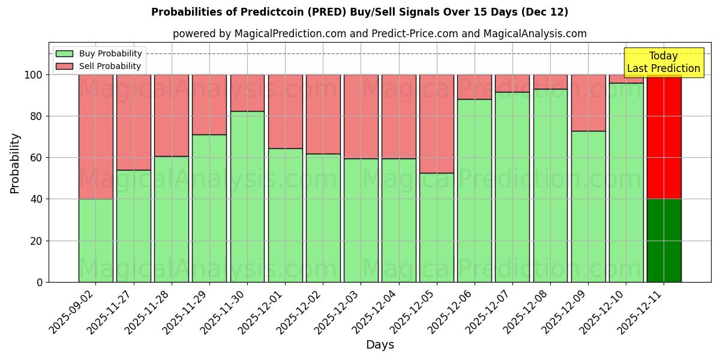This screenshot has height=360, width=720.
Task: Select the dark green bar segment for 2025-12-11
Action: point(664,240)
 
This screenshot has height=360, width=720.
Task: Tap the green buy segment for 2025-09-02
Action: point(95,240)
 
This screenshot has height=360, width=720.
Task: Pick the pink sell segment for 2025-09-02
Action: point(95,137)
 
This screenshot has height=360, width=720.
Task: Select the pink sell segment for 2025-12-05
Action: point(436,124)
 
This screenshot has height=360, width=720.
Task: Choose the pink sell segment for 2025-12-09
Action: point(588,103)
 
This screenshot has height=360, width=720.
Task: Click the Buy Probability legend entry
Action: point(99,53)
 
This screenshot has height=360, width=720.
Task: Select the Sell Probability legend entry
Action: point(99,66)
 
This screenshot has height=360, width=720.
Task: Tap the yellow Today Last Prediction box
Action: point(663,62)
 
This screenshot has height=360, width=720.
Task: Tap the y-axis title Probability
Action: point(15,163)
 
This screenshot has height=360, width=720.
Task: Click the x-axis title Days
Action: point(380,345)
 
